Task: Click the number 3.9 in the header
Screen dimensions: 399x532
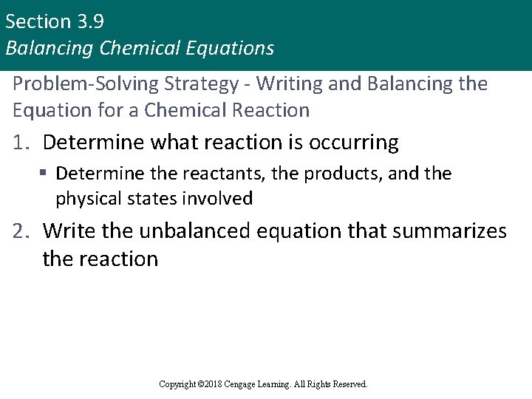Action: (x=87, y=21)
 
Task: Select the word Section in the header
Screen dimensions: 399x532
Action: (x=37, y=21)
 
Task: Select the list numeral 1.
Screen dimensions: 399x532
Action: (x=21, y=143)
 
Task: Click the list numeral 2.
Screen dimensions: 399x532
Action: (x=21, y=232)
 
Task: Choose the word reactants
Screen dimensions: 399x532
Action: (x=230, y=174)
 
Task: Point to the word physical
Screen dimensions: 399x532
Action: (x=88, y=199)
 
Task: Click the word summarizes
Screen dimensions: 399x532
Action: (x=449, y=232)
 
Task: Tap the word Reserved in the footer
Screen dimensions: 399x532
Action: (x=349, y=384)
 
